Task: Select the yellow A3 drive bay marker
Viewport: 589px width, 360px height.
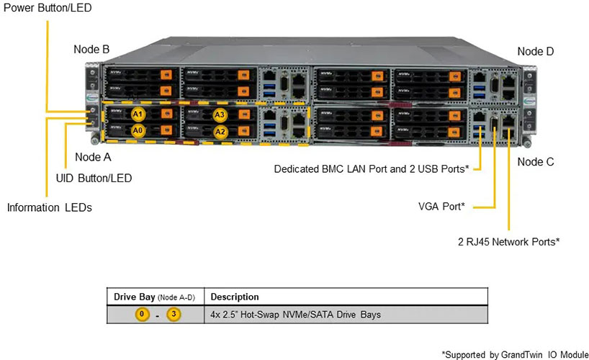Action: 220,114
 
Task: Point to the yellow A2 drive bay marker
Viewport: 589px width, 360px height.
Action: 220,131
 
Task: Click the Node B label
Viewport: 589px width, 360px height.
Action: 91,49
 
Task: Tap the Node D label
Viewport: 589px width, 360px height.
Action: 536,51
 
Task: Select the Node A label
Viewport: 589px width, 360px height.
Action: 93,156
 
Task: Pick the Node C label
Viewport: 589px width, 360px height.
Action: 536,162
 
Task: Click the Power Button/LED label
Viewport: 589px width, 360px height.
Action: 46,7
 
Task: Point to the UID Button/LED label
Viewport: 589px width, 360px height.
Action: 94,178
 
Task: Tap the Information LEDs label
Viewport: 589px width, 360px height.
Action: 49,207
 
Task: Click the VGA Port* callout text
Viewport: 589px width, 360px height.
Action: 441,207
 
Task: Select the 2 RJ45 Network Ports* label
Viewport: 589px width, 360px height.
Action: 509,241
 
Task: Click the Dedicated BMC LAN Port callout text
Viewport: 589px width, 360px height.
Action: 372,168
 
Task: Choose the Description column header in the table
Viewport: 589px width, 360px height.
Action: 234,297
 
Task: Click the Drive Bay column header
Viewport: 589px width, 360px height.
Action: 154,297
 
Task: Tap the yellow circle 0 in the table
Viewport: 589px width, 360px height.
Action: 143,315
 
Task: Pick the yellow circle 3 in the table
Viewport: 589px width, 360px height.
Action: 173,315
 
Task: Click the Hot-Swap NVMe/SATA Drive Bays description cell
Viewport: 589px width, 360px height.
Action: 295,315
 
